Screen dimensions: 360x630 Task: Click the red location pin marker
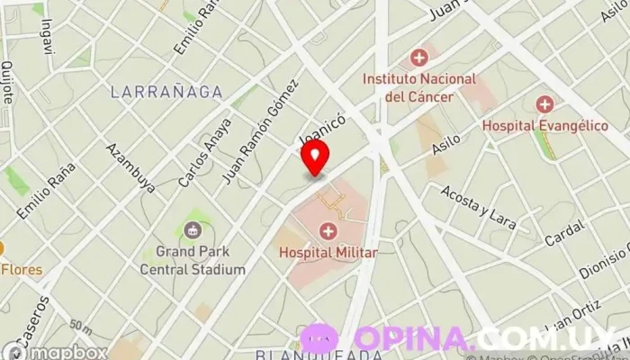tap(315, 157)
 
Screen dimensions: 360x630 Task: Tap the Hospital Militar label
tap(328, 253)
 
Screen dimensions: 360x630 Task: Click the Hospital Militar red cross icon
tap(328, 232)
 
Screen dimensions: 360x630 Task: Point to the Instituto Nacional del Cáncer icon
tap(418, 58)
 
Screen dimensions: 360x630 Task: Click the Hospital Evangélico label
tap(544, 126)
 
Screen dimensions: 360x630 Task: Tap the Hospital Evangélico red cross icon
tap(544, 104)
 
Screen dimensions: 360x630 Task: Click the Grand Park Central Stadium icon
tap(193, 231)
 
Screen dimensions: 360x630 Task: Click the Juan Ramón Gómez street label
tap(259, 131)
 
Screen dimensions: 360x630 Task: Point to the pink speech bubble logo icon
tap(319, 340)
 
